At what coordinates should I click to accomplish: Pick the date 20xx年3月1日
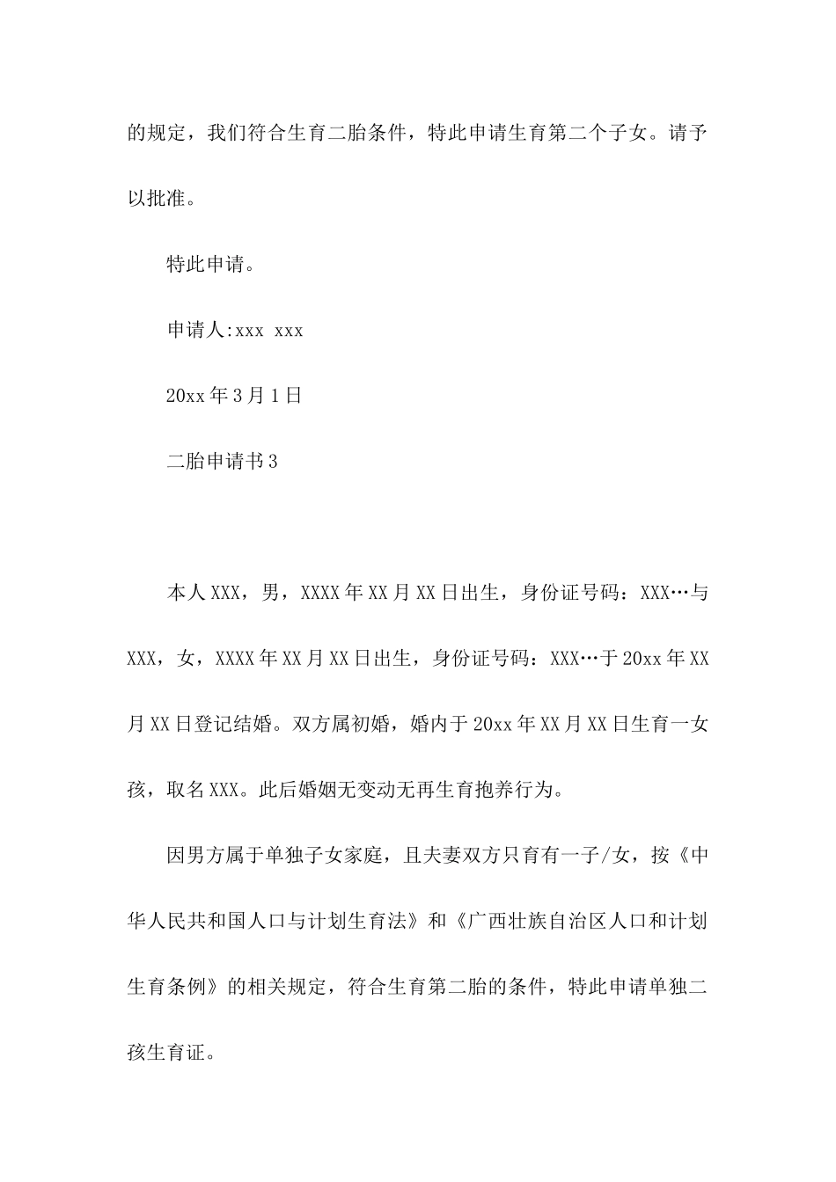[x=234, y=395]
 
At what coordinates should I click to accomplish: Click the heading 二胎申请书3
[x=222, y=461]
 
